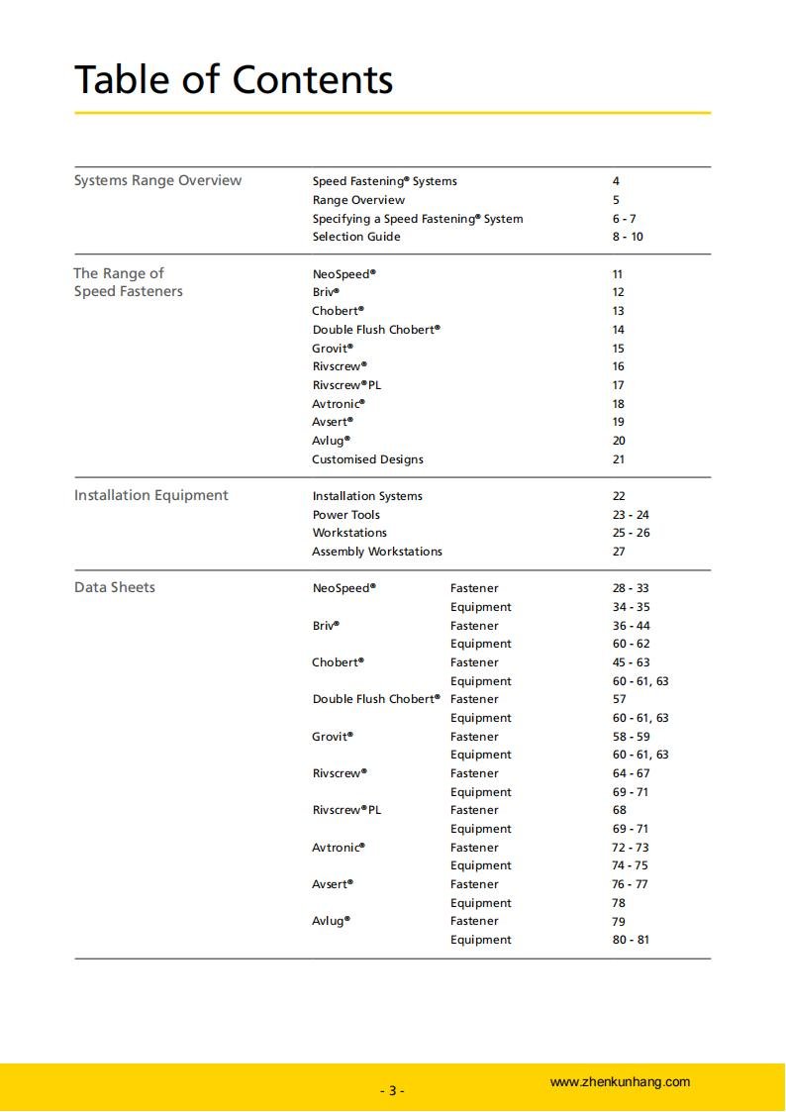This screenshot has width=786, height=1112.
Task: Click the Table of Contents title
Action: (x=234, y=79)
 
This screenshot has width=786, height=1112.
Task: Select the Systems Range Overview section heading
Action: (x=157, y=180)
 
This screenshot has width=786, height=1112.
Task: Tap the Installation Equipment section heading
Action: (x=150, y=495)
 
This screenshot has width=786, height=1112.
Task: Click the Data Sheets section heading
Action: (x=114, y=587)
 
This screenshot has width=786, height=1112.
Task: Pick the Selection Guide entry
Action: (x=356, y=237)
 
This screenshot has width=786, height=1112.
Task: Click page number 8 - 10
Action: (x=628, y=237)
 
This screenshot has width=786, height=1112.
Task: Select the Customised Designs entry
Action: (x=367, y=459)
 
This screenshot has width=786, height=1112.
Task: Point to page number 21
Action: (x=619, y=459)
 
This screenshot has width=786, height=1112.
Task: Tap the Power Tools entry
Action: (x=345, y=515)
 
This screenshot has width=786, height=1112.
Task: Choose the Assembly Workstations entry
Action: (x=377, y=552)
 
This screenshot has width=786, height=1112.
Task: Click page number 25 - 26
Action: (x=631, y=533)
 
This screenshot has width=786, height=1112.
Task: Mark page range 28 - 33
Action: (x=631, y=588)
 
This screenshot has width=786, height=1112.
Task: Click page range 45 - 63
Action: (x=631, y=662)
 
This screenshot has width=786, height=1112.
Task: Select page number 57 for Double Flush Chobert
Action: (x=619, y=699)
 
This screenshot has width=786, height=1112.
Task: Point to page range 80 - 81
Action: (x=631, y=940)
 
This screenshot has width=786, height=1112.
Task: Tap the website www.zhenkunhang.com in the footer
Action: (x=620, y=1082)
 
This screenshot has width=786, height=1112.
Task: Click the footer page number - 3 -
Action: (x=393, y=1091)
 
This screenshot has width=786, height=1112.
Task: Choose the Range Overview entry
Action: (x=358, y=200)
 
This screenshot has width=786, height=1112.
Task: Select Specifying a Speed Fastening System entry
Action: (x=418, y=219)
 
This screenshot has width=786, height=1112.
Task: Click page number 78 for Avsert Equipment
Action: (x=619, y=903)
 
